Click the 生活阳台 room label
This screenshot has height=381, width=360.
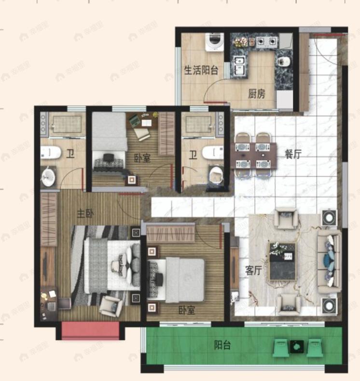point(201,70)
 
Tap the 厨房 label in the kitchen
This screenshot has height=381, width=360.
point(256,94)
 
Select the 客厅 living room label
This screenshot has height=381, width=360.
point(253,271)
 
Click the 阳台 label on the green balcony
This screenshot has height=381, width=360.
point(222,345)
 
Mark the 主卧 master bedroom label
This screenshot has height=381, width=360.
point(85,214)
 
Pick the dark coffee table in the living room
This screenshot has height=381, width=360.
point(282,260)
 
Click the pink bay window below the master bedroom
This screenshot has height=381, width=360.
point(90,331)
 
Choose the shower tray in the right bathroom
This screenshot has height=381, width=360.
point(198,124)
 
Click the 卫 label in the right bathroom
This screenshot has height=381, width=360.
point(193,155)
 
